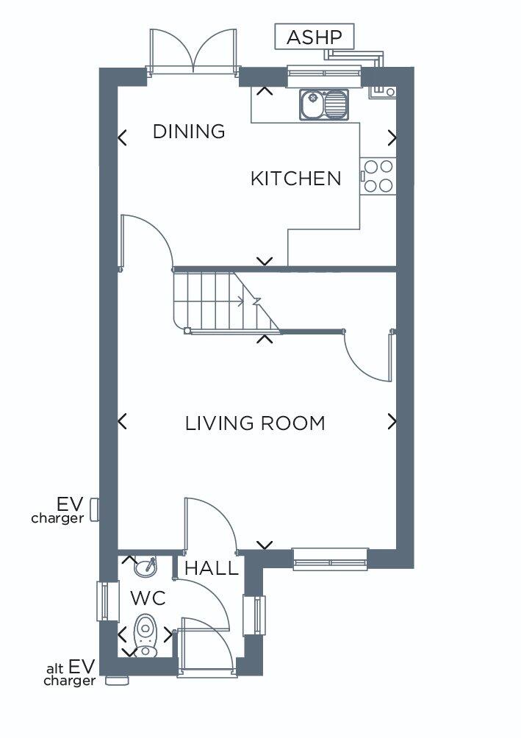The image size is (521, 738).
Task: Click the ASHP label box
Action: (x=314, y=37)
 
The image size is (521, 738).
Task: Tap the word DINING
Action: (x=189, y=132)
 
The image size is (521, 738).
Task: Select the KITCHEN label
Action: (x=295, y=179)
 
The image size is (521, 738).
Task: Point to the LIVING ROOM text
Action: (x=255, y=423)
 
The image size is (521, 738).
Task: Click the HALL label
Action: (x=212, y=568)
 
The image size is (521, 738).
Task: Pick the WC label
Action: (x=148, y=598)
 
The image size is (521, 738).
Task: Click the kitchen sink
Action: (x=324, y=104)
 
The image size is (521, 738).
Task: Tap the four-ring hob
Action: (x=378, y=176)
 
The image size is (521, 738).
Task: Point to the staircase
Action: (x=226, y=301)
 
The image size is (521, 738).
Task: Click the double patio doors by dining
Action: (x=193, y=51)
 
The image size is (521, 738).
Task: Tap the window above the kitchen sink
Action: (x=324, y=74)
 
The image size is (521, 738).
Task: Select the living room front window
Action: (x=330, y=559)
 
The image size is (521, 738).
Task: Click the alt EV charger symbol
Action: (x=117, y=680)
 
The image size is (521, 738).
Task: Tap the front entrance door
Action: (x=206, y=647)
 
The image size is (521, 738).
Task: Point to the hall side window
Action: (x=254, y=615)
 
